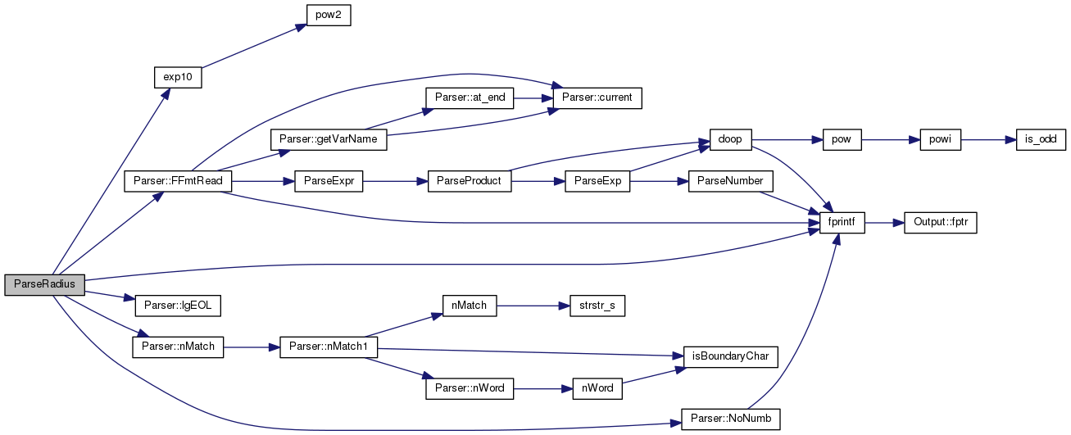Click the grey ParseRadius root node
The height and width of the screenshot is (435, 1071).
point(44,285)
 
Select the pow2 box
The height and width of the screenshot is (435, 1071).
point(329,16)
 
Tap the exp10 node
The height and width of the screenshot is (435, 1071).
point(178,78)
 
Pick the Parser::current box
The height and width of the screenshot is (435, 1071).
point(597,98)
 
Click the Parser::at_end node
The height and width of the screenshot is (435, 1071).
point(470,98)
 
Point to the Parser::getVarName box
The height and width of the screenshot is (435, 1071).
point(329,139)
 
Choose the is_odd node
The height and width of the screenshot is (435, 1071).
point(1041,139)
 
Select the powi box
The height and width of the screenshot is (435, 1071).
point(941,139)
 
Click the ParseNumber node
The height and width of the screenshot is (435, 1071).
point(731,181)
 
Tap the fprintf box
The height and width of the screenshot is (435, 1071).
point(842,223)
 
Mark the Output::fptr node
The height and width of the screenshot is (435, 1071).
point(941,223)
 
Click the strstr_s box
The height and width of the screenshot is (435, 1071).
point(597,306)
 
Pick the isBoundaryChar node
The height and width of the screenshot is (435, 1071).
point(731,357)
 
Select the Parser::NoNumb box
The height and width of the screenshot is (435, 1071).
point(731,419)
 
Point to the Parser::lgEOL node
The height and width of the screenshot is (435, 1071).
point(178,306)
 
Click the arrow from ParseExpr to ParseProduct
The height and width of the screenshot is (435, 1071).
point(395,182)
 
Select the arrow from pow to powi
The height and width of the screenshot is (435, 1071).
point(891,140)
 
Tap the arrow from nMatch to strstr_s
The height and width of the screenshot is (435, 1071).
point(533,306)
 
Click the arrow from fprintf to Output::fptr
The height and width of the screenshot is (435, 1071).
point(884,223)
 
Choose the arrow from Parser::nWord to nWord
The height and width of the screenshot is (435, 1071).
point(543,389)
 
